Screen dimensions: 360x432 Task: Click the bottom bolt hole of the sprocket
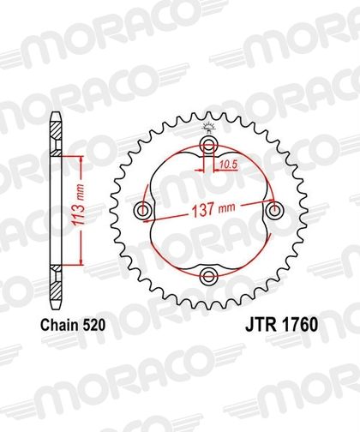click(208, 276)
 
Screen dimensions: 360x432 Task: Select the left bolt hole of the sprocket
click(142, 212)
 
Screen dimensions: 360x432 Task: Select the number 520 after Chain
click(93, 326)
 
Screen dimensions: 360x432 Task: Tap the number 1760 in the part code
click(299, 325)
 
